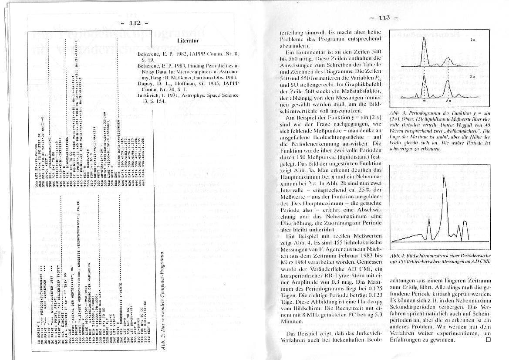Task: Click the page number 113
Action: coord(384,18)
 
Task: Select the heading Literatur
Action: coord(188,41)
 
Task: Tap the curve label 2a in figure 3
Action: coord(473,40)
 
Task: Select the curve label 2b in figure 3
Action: coord(472,77)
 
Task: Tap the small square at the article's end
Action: coord(488,340)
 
